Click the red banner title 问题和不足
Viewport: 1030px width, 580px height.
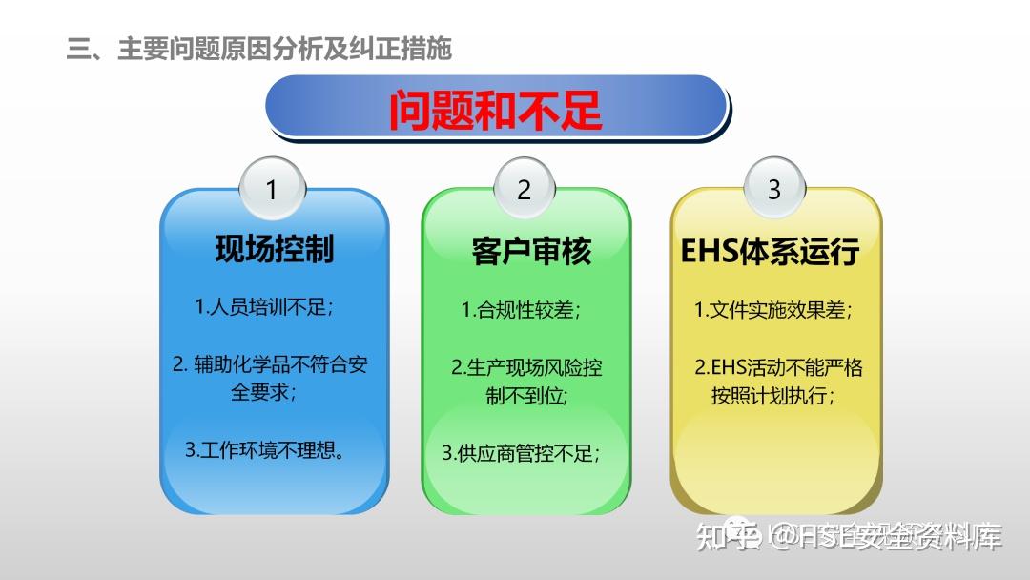[495, 110]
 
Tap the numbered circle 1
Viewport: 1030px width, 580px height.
[271, 189]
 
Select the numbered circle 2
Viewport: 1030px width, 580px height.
[524, 189]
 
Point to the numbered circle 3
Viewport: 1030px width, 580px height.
[773, 189]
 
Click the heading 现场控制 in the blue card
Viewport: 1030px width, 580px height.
[274, 249]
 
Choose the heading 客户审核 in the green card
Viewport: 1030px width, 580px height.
[531, 251]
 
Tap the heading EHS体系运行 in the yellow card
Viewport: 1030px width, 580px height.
[770, 251]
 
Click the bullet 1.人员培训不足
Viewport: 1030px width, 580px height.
[264, 307]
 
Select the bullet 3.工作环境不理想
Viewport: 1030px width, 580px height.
[265, 449]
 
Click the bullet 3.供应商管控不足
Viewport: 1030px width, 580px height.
[521, 454]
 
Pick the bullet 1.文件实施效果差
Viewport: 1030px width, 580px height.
[772, 310]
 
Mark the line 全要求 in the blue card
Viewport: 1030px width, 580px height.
[263, 392]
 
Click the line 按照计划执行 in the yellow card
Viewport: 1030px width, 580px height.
[772, 395]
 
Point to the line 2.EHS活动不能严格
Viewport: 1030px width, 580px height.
[777, 367]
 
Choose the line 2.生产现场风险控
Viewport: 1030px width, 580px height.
[526, 367]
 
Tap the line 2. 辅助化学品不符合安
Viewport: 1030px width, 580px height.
[274, 364]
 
